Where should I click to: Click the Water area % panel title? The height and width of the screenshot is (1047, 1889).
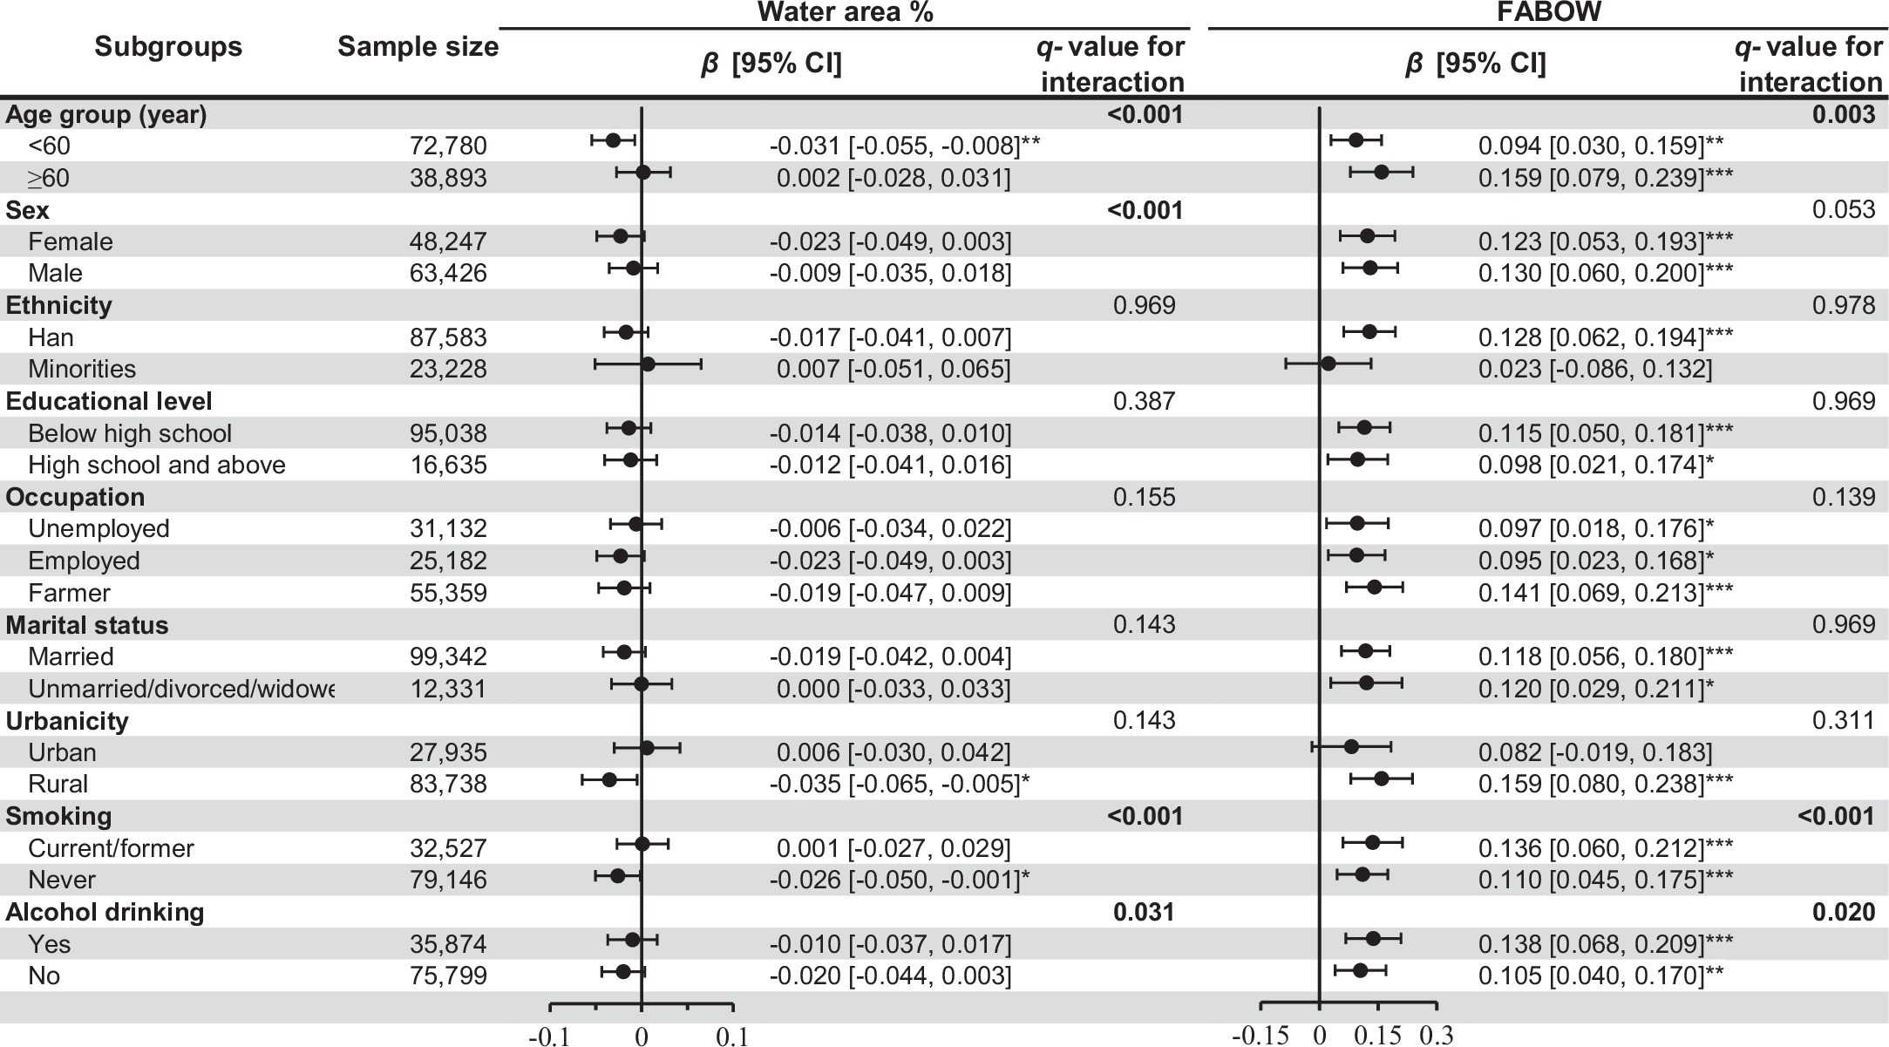(x=845, y=12)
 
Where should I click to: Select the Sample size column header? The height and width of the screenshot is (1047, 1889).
(x=418, y=47)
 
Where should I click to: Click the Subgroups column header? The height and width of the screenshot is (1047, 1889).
(x=168, y=47)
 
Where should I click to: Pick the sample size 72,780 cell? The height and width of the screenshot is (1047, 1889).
(x=448, y=146)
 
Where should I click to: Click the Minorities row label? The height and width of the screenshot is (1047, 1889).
(x=82, y=370)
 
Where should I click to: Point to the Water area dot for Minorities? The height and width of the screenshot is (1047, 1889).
(x=647, y=364)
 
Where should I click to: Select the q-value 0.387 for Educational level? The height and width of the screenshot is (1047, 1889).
(x=1144, y=401)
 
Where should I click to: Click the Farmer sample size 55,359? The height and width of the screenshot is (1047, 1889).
(x=448, y=594)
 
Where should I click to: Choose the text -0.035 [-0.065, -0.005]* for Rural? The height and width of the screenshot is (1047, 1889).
(x=899, y=785)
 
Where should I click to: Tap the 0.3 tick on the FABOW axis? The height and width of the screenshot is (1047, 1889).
(x=1437, y=1035)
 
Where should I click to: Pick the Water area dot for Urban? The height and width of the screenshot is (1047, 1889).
(x=647, y=748)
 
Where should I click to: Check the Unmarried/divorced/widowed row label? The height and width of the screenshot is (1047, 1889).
(x=180, y=690)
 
